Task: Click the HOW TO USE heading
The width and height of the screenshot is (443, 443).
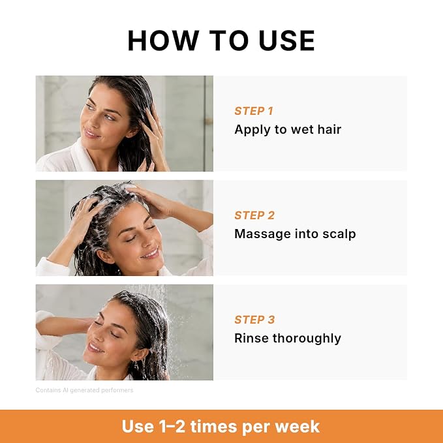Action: point(221,40)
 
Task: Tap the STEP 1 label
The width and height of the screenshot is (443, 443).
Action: point(254,111)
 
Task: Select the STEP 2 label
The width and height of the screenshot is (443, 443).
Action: point(254,215)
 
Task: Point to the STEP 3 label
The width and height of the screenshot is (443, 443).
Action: point(254,320)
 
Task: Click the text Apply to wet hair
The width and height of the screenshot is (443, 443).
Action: point(288,130)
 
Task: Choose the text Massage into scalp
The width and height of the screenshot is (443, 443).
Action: point(295,234)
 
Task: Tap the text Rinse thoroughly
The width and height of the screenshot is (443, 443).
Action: point(288,338)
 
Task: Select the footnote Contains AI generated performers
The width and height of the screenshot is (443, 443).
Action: point(84,390)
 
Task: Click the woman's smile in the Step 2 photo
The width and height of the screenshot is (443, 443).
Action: point(150,253)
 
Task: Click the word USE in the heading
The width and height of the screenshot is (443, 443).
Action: point(286,40)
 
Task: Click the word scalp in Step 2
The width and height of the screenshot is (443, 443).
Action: point(339,234)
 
